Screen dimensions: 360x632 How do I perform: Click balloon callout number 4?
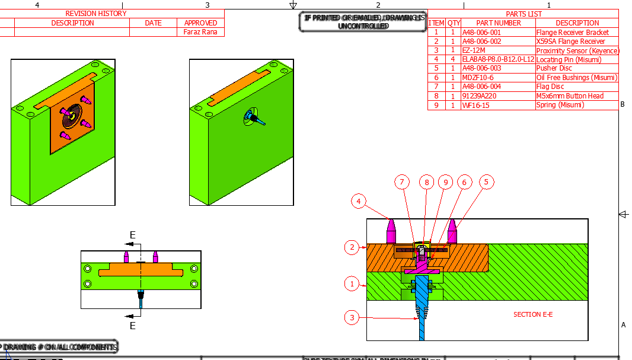358,202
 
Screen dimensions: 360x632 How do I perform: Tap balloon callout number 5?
486,181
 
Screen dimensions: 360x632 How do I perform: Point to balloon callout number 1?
352,284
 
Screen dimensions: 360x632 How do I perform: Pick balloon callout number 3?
352,317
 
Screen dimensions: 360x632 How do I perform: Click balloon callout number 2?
352,247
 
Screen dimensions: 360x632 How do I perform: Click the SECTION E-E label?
532,314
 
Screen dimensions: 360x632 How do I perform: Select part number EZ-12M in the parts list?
474,50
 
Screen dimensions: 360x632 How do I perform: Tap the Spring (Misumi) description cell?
560,105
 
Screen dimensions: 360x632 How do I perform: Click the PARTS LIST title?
524,14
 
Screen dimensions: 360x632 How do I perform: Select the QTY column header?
454,23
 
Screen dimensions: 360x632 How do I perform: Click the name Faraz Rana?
200,32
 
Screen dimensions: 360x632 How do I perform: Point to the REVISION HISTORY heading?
96,14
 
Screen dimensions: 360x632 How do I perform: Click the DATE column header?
153,23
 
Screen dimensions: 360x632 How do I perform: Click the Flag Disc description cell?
551,87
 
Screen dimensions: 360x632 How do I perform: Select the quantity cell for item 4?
454,59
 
